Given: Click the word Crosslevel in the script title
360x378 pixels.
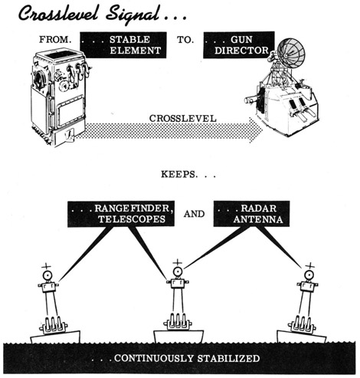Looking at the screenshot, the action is pyautogui.click(x=58, y=13).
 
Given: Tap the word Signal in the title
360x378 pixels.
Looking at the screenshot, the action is pyautogui.click(x=133, y=15).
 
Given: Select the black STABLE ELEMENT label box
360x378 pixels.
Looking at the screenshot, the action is pyautogui.click(x=123, y=45).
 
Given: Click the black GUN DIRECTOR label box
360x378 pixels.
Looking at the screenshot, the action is pyautogui.click(x=239, y=45).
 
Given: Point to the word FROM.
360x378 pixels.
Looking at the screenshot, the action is pyautogui.click(x=55, y=40).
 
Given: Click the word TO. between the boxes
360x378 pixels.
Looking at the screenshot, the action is pyautogui.click(x=185, y=40).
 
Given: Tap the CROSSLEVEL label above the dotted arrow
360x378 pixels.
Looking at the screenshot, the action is pyautogui.click(x=183, y=119).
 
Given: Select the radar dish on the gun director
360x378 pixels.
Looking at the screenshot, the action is pyautogui.click(x=291, y=53).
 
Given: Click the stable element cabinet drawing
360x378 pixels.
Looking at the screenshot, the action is pyautogui.click(x=60, y=97).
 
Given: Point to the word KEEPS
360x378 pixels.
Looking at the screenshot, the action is pyautogui.click(x=179, y=174).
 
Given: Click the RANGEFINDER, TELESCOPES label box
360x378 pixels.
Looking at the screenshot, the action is pyautogui.click(x=121, y=214).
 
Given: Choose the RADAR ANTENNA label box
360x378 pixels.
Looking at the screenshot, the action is pyautogui.click(x=251, y=214).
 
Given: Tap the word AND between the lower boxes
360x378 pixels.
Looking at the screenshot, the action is pyautogui.click(x=194, y=214).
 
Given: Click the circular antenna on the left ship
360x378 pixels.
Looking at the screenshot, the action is pyautogui.click(x=47, y=275).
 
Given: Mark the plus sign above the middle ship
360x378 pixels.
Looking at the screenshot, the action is pyautogui.click(x=177, y=262).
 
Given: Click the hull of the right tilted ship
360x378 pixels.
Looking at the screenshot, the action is pyautogui.click(x=302, y=337).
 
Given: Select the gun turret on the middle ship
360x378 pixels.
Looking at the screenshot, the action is pyautogui.click(x=178, y=322).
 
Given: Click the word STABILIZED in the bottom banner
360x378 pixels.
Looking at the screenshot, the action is pyautogui.click(x=228, y=358).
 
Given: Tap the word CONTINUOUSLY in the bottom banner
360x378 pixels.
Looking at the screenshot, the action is pyautogui.click(x=154, y=358).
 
